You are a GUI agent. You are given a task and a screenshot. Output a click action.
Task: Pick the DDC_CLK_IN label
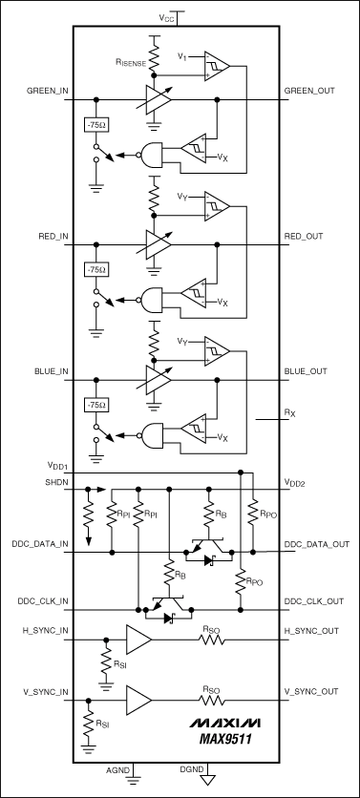point(31,600)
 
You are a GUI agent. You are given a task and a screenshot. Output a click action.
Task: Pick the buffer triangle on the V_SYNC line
point(138,701)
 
